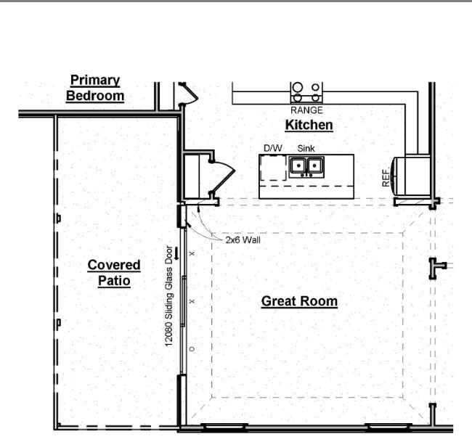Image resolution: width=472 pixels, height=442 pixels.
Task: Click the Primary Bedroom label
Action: pos(95,88)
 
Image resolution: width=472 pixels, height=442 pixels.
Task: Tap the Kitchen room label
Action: pos(309,125)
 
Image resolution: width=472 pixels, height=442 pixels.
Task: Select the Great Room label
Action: pos(299,301)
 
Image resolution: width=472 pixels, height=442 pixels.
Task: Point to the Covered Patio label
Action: pos(114,273)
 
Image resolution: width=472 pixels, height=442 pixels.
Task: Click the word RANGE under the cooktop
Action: pos(306,110)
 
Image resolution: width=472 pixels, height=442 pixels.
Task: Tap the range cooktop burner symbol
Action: pos(306,93)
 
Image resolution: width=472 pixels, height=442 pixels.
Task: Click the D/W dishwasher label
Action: pos(273,148)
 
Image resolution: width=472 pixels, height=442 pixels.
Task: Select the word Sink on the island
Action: pos(306,148)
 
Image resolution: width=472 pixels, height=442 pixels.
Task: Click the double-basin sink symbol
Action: pos(306,166)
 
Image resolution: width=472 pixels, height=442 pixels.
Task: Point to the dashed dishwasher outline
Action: pos(273,168)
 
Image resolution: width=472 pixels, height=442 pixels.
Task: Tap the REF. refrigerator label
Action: pos(386,178)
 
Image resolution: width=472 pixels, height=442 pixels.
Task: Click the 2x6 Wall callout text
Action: pos(243,240)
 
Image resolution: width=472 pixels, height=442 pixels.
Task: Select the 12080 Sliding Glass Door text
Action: pos(169,296)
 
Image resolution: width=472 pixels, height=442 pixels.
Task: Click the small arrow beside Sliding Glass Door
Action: pos(176,253)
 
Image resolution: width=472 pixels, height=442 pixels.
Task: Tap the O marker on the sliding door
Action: pos(192,349)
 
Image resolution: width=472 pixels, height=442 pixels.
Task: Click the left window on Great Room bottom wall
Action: pos(224,427)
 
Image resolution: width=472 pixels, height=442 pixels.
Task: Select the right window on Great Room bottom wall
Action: pos(388,427)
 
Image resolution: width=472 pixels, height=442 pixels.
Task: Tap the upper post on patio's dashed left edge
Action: pos(59,218)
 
